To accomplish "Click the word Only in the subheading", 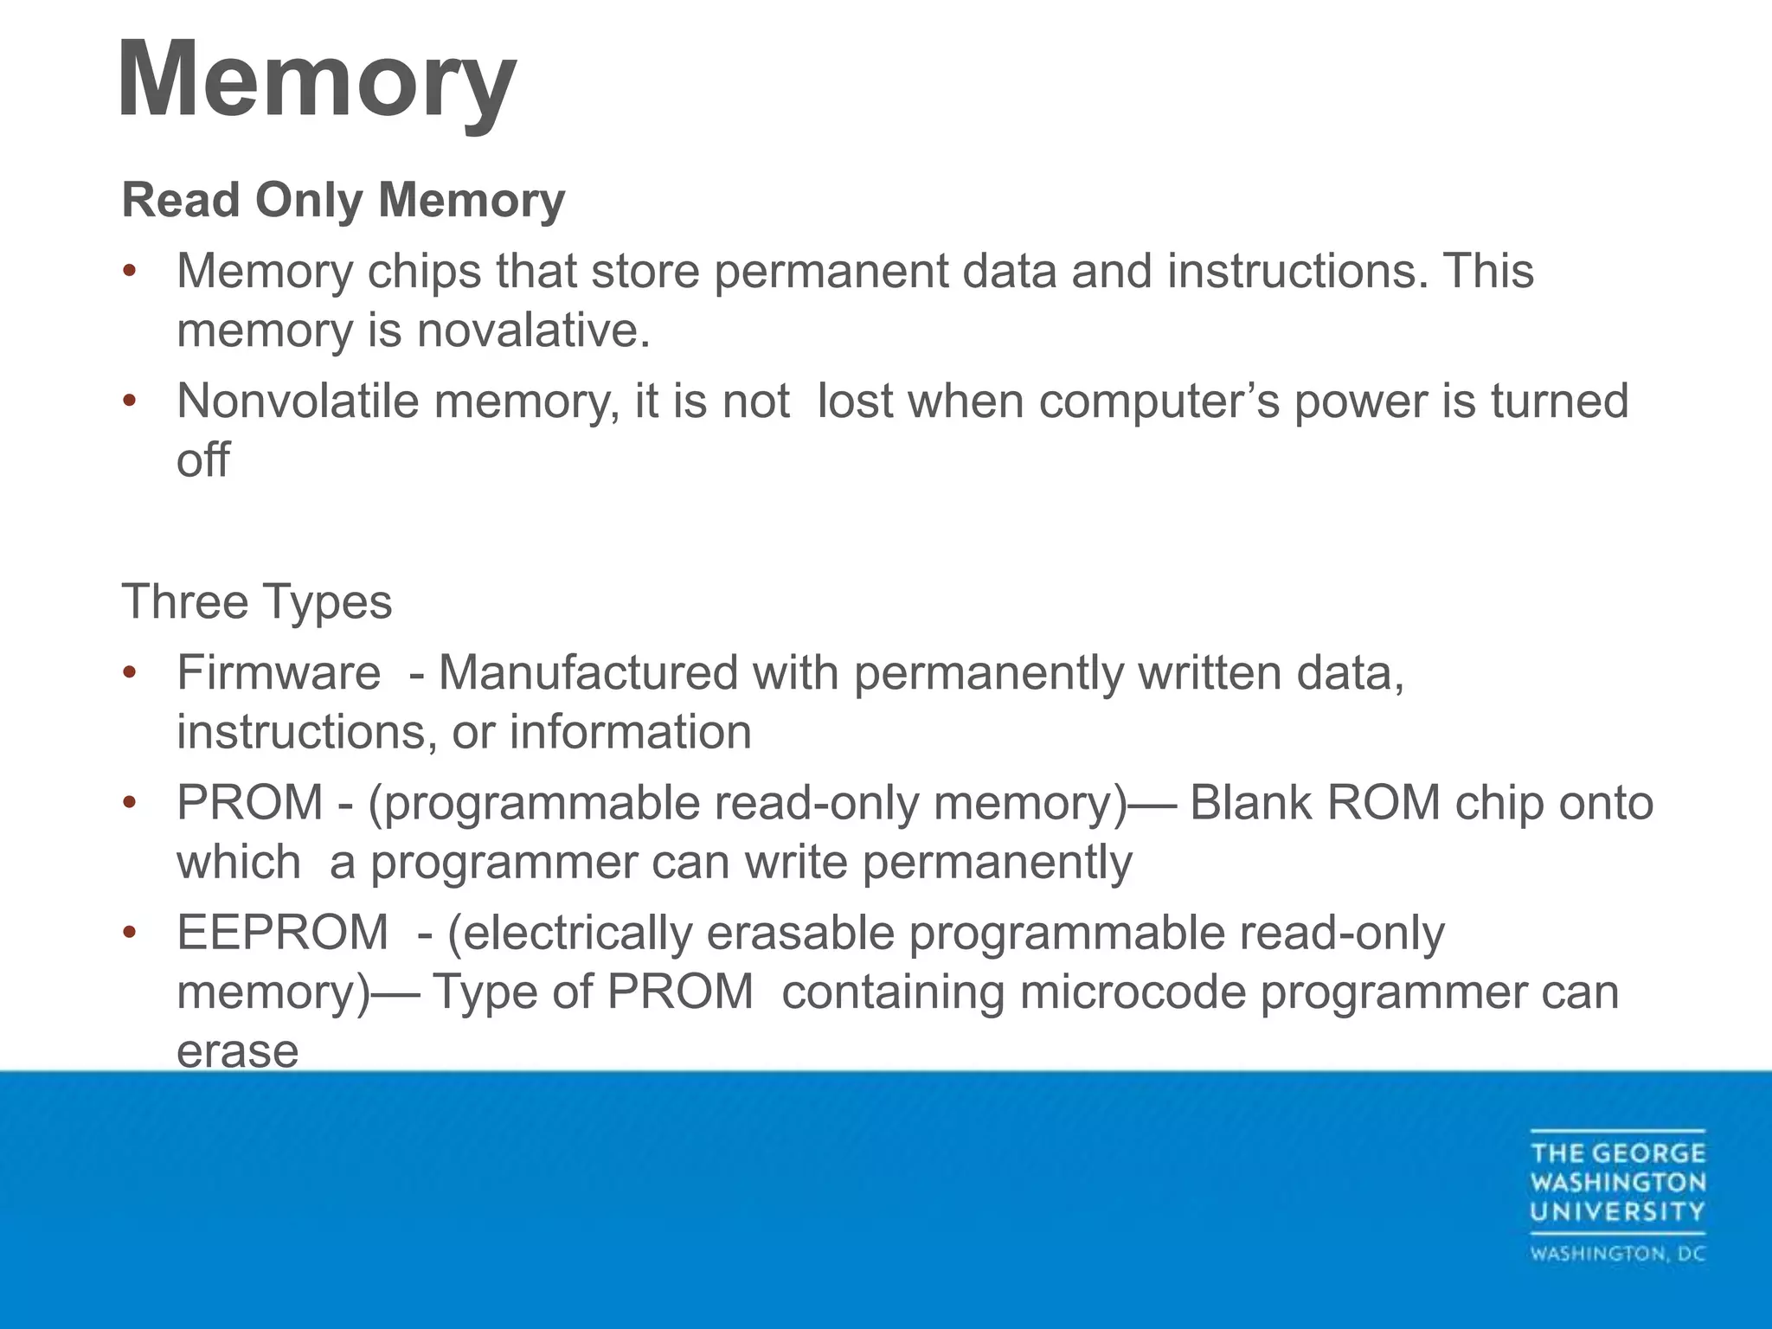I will (309, 201).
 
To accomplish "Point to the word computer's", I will (1159, 401).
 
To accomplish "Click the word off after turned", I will (203, 460).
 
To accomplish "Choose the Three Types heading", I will (257, 602).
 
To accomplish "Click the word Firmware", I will (279, 673).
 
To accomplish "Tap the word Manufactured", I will (588, 673).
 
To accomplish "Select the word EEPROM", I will (283, 933).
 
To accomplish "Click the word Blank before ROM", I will (1250, 803).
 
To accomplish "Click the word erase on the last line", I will (238, 1051).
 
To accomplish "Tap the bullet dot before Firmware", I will (130, 673).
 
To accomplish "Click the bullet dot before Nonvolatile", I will (130, 401).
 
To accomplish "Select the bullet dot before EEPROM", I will (130, 933).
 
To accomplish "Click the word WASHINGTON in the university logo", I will (1618, 1183).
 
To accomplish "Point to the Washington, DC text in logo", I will (1618, 1255).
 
